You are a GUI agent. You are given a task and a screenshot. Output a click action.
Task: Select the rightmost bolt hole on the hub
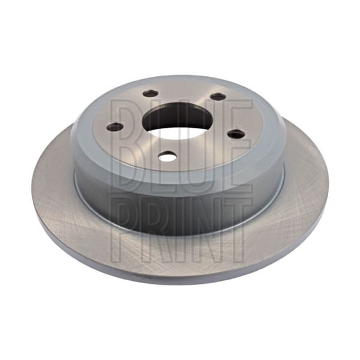(x=236, y=134)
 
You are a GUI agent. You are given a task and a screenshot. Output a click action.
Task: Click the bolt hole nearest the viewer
(x=167, y=157)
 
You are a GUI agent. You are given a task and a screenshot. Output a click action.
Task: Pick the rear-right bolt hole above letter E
(x=218, y=97)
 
